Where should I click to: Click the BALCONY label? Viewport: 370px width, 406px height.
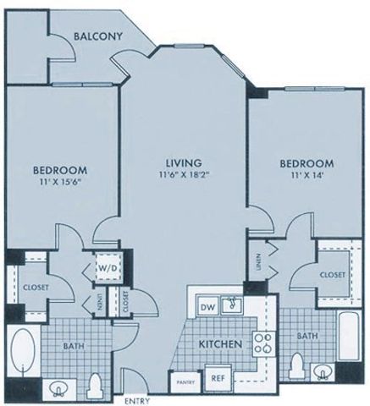[98, 36]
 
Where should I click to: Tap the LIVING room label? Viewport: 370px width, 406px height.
[183, 162]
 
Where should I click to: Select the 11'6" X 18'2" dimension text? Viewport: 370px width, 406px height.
[183, 175]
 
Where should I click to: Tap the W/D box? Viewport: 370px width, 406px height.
[107, 268]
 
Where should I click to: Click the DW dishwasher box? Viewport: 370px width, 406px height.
[207, 306]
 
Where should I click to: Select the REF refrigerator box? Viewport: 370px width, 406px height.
[218, 380]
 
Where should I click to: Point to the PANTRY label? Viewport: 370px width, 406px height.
[186, 382]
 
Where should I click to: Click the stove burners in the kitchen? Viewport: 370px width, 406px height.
[263, 346]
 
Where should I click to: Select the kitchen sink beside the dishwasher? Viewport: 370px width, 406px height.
[233, 304]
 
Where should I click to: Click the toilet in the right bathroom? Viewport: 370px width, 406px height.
[296, 366]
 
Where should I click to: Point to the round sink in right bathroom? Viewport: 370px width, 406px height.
[323, 371]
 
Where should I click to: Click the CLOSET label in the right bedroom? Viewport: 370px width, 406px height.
[332, 275]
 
